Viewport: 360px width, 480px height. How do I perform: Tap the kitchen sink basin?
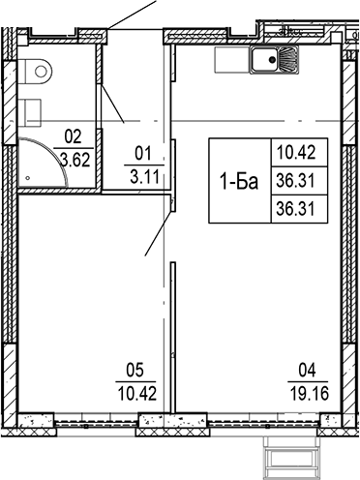[264, 64]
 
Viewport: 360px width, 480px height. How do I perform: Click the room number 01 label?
[143, 151]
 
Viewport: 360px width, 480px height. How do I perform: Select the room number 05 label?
[135, 367]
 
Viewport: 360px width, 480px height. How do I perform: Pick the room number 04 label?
[308, 367]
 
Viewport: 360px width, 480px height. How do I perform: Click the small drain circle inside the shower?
[31, 178]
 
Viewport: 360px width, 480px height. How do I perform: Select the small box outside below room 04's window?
[291, 456]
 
